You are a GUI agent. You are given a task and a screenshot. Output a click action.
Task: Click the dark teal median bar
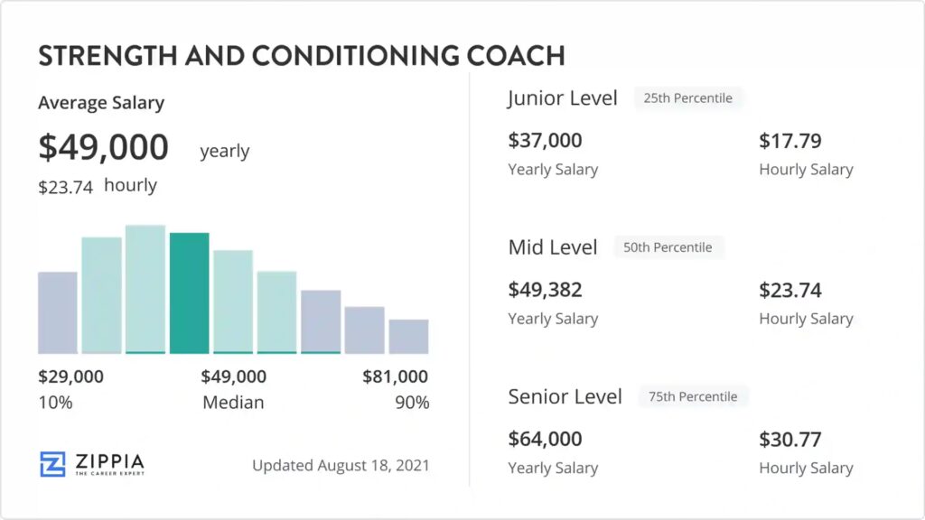(x=189, y=292)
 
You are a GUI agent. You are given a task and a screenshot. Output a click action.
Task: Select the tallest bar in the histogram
(x=145, y=289)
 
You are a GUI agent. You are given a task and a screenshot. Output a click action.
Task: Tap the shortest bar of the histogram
(x=408, y=336)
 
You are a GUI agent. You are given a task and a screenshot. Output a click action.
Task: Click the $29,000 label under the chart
(x=70, y=376)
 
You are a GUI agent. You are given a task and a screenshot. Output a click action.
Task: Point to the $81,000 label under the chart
(x=395, y=376)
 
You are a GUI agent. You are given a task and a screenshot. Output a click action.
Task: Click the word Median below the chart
(x=233, y=403)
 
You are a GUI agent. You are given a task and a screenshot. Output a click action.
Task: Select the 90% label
(x=412, y=403)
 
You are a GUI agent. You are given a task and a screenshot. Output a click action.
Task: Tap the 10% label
(x=55, y=403)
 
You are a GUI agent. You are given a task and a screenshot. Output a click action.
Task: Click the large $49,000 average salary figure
(x=103, y=147)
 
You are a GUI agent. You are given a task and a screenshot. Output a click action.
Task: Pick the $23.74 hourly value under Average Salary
(x=65, y=187)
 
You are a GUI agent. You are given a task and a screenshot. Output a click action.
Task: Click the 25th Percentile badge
(x=687, y=97)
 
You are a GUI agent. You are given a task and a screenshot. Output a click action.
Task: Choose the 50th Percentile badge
(x=668, y=247)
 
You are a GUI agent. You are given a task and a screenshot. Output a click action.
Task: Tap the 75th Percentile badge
(x=693, y=396)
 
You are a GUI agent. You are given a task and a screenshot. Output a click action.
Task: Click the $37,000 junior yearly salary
(x=545, y=141)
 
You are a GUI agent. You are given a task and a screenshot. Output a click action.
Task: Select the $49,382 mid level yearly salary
(x=545, y=290)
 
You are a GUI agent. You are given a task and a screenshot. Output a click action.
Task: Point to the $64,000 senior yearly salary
(x=545, y=439)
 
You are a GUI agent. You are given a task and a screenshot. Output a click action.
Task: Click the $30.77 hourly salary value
(x=790, y=439)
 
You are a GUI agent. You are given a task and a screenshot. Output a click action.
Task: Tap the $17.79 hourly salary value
(x=790, y=141)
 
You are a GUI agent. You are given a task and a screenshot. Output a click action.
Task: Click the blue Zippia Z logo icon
(x=52, y=463)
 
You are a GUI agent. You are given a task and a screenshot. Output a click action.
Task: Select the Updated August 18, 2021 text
(x=341, y=466)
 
